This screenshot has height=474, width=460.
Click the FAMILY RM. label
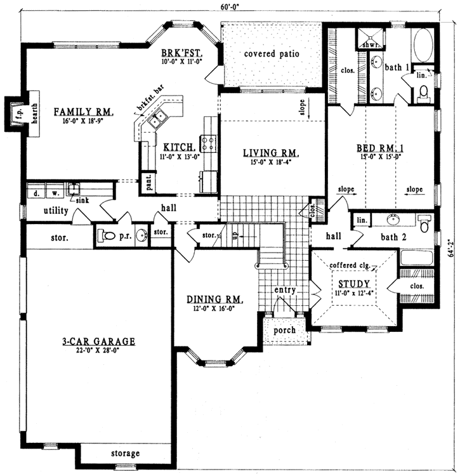(83, 112)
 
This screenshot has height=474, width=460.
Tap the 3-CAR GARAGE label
(98, 341)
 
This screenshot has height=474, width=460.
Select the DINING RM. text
(213, 300)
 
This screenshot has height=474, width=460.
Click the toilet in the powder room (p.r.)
(109, 236)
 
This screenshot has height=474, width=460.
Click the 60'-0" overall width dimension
(230, 7)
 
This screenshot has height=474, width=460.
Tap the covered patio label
(272, 54)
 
